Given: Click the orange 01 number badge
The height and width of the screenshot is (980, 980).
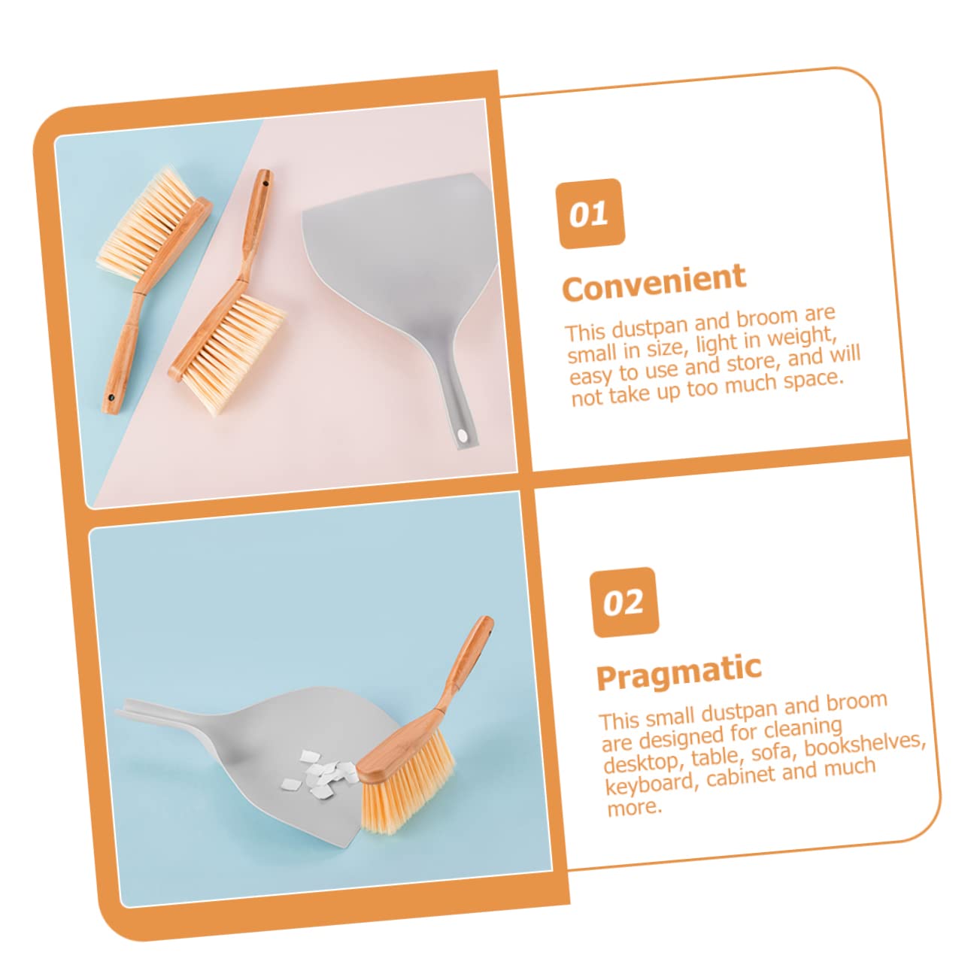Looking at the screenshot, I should point(590,213).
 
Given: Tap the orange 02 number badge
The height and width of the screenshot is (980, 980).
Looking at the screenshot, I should point(623,602).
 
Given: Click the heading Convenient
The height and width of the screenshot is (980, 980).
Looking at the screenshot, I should point(654,282).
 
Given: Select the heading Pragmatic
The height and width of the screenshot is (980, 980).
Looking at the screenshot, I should point(678,672).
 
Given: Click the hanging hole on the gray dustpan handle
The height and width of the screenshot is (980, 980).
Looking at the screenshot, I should point(462,435).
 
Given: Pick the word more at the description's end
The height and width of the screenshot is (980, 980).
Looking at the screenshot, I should point(634,808).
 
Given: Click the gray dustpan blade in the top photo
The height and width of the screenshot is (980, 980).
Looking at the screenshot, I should point(399,256).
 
